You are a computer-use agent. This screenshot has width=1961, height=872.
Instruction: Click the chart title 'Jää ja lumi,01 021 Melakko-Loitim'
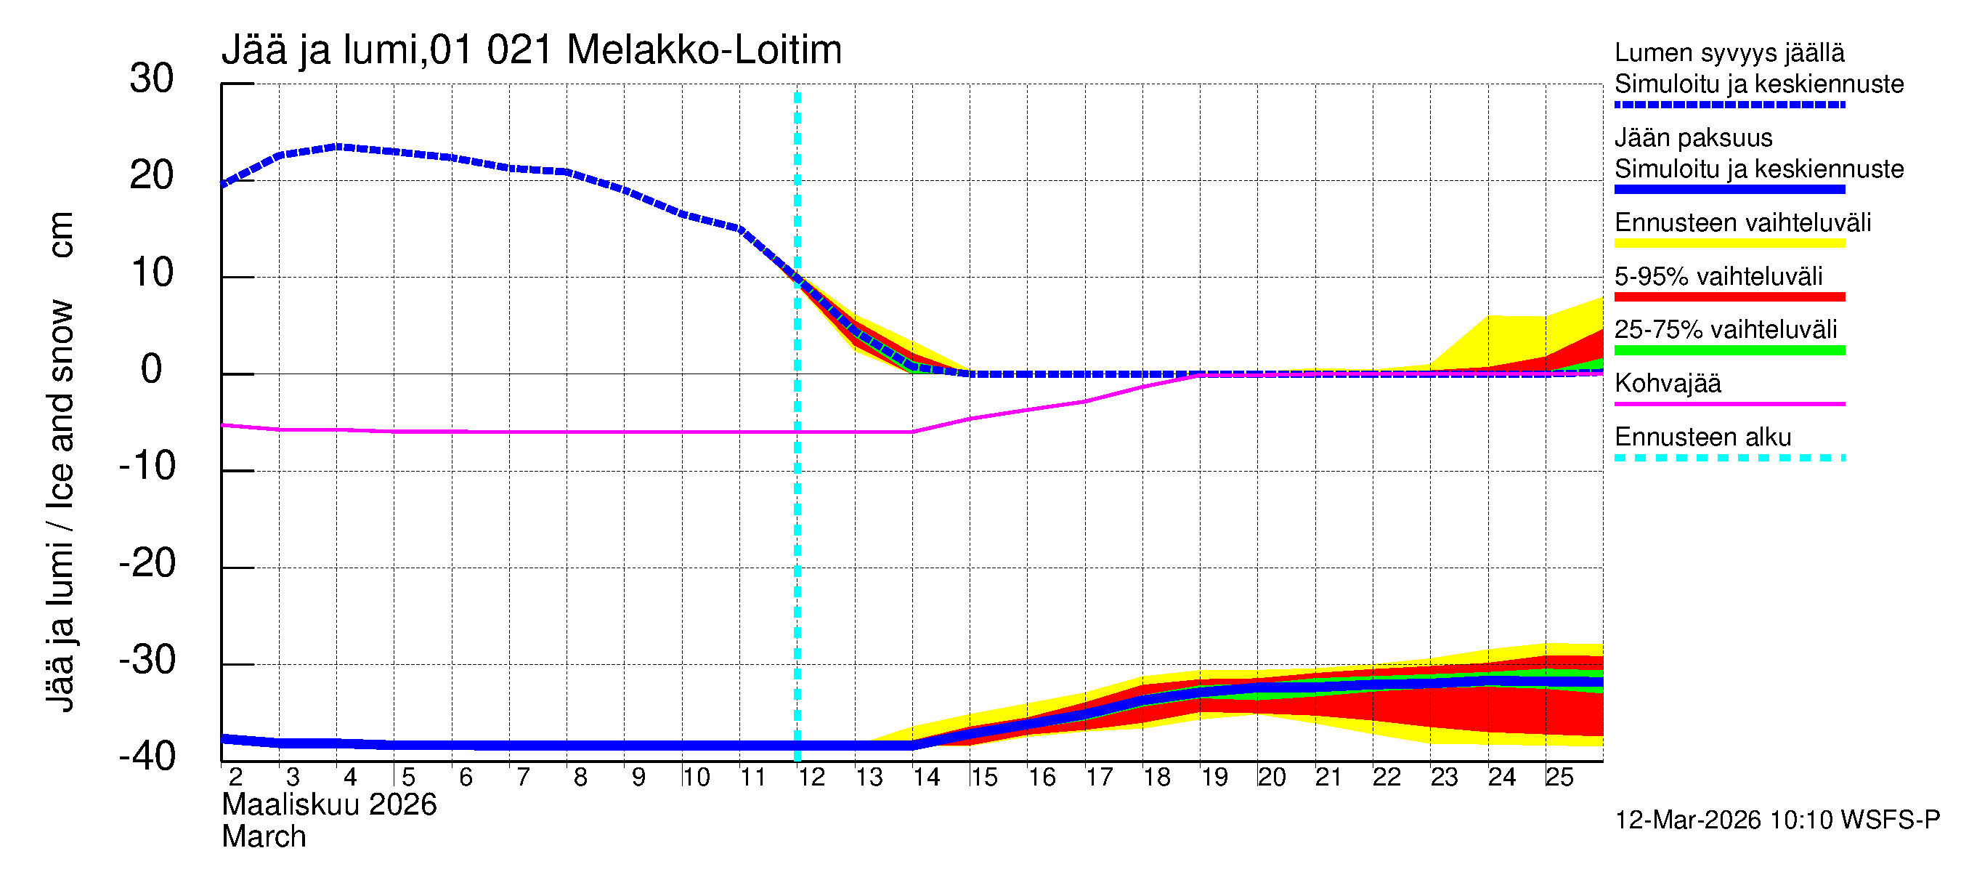tap(532, 50)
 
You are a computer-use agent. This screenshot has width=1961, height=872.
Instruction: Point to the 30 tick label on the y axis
tap(152, 78)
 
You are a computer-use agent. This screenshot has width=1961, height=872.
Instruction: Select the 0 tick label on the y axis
tap(152, 369)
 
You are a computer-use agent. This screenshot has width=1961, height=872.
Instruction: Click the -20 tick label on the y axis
tap(147, 564)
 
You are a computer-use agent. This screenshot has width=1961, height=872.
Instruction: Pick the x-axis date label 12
tap(811, 778)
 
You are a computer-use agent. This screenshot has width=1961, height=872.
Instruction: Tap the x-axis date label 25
tap(1559, 778)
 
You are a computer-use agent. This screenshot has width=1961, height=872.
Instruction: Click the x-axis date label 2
tap(235, 778)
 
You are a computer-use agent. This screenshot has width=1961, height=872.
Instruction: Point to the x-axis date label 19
tap(1214, 778)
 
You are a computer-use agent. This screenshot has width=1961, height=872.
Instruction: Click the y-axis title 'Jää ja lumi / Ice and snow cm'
tap(60, 461)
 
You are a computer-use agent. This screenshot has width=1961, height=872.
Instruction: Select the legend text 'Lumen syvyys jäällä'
tap(1729, 52)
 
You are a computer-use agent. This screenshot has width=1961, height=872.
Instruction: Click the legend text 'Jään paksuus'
tap(1694, 138)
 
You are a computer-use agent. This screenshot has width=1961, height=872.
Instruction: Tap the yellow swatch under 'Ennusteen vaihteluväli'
tap(1729, 243)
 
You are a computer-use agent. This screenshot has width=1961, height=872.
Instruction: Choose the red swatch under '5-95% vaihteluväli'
tap(1729, 297)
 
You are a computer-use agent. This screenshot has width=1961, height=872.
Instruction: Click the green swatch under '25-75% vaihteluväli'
tap(1729, 350)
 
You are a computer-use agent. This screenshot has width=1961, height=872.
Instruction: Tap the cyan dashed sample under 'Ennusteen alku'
tap(1729, 458)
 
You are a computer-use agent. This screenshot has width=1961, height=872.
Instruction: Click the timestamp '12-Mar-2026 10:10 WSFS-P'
tap(1777, 820)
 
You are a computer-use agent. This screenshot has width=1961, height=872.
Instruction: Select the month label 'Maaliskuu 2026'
tap(329, 805)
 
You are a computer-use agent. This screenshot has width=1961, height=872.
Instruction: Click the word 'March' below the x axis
tap(264, 837)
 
